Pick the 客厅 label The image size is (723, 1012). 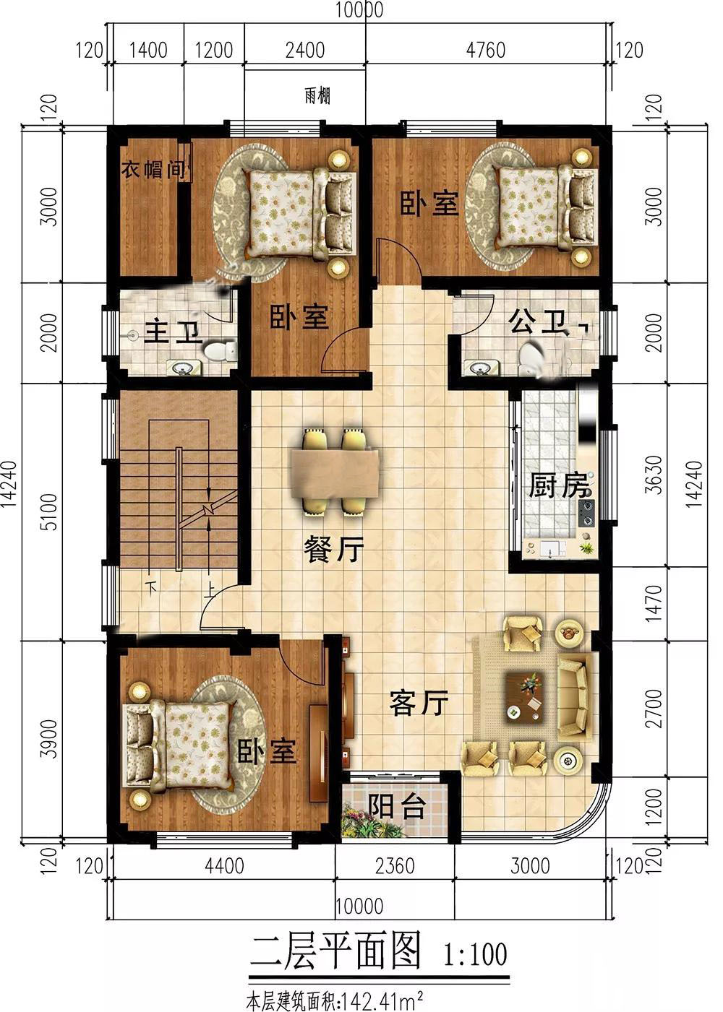(419, 702)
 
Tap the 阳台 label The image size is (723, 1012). (396, 807)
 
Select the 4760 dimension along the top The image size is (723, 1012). (485, 50)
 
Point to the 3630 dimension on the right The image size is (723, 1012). (655, 475)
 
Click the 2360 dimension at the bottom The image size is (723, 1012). (395, 865)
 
